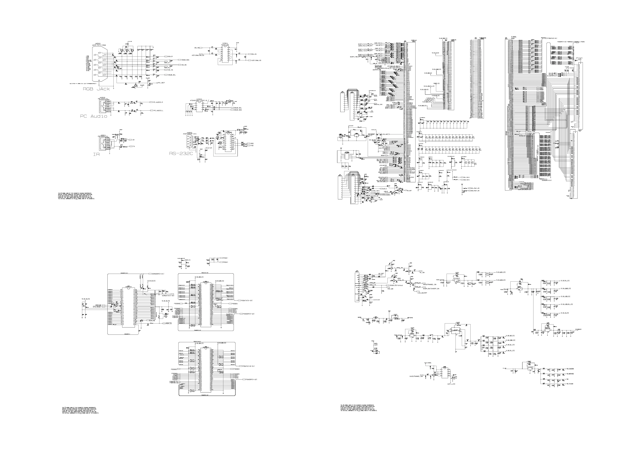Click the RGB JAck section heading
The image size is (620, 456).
(x=96, y=89)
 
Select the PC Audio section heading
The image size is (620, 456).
(x=94, y=116)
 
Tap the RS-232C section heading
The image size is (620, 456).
(x=181, y=153)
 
